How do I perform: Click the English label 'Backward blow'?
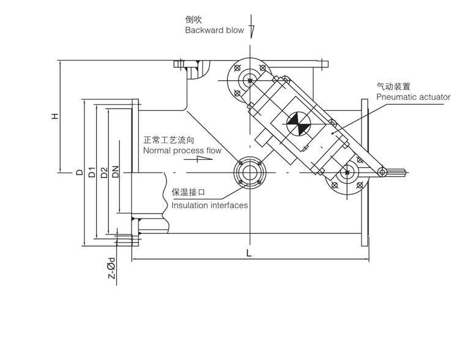pos(214,30)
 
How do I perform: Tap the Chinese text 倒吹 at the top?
pos(193,19)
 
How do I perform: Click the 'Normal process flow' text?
pos(182,150)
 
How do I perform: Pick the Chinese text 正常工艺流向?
pos(169,140)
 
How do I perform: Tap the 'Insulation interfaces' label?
pos(209,205)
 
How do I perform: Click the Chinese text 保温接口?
pos(188,192)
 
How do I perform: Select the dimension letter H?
pos(54,116)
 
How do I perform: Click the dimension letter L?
pos(248,252)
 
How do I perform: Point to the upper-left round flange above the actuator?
pos(248,80)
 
